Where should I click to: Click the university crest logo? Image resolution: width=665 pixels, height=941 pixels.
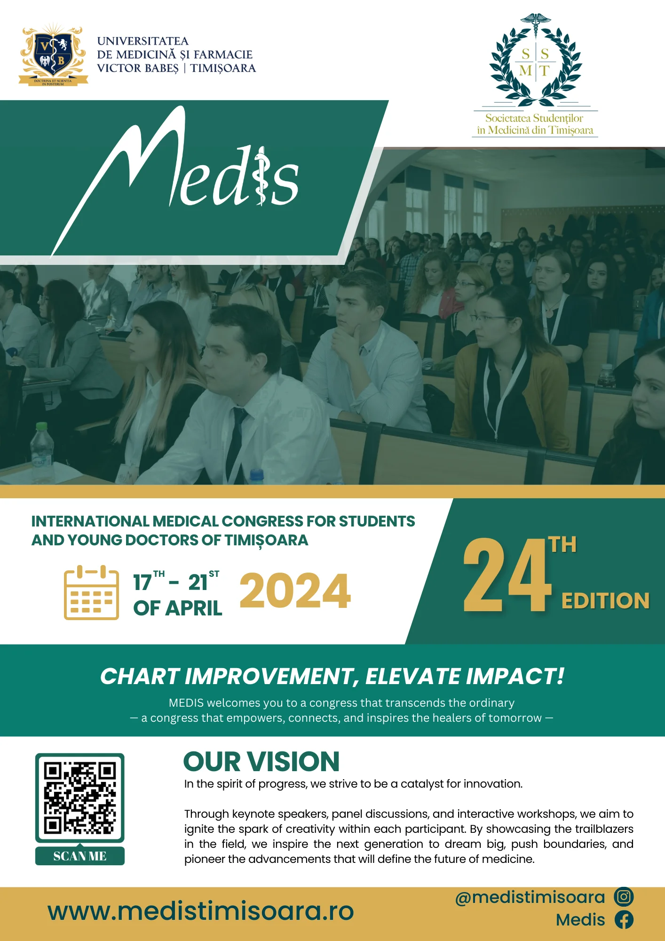53,55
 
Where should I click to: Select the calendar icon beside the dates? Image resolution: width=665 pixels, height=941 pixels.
91,592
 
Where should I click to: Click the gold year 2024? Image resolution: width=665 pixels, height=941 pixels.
295,591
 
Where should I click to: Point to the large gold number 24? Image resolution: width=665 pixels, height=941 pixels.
507,575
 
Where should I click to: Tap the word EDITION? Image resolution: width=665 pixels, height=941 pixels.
606,601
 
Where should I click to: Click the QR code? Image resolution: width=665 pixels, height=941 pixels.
80,798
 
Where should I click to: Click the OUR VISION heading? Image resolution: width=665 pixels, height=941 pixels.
261,761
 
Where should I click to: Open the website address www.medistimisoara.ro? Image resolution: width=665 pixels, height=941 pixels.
201,911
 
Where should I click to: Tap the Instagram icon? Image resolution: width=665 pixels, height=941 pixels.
624,897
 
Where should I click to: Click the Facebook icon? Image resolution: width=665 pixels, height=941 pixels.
624,919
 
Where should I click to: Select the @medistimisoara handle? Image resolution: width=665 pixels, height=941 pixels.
530,897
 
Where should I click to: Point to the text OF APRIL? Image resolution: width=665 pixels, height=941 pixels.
178,608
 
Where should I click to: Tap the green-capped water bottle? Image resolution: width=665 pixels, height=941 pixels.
42,453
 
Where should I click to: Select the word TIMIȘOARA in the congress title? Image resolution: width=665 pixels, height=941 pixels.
266,541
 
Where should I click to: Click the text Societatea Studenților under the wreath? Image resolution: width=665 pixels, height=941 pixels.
534,118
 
